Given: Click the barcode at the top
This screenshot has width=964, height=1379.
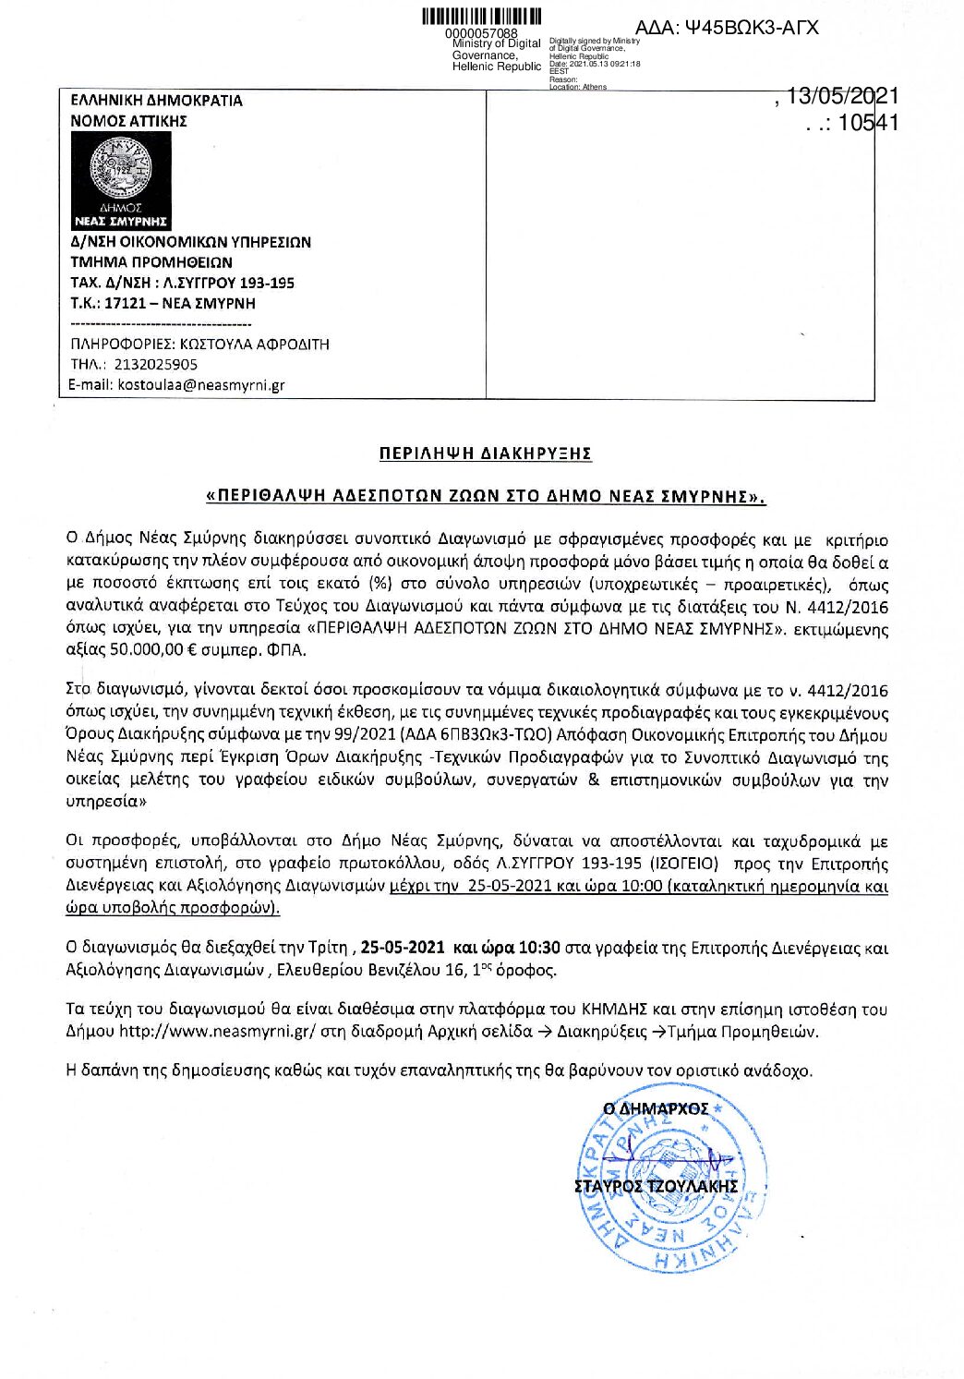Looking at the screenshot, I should [481, 18].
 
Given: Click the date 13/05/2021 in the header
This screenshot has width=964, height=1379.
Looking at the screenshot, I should [842, 97].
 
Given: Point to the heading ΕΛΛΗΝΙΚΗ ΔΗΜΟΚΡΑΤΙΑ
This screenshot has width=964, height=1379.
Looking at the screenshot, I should [157, 101].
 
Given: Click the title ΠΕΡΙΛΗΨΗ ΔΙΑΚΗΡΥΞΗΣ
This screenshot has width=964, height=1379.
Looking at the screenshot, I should [485, 454].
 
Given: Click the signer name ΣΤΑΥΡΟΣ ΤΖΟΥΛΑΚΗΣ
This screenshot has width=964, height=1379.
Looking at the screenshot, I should [656, 1186].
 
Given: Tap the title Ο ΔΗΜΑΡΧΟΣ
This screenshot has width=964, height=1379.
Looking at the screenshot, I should [656, 1108].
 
